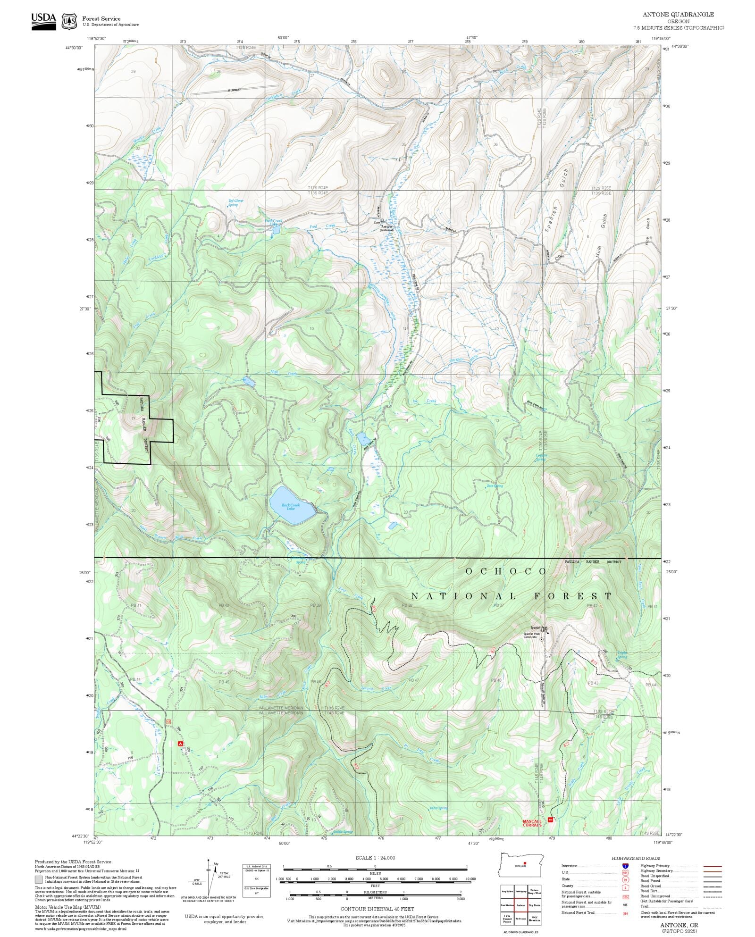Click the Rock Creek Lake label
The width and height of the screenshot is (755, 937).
point(291,507)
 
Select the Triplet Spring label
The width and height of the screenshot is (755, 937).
point(622,655)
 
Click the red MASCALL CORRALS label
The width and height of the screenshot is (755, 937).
point(532,823)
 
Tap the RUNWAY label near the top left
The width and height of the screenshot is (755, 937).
point(234,90)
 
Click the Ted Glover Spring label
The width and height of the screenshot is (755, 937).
point(235,203)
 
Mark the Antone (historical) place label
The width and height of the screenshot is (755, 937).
point(386,228)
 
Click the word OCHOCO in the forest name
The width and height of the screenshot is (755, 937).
point(505,571)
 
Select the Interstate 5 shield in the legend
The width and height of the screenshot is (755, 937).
point(625,866)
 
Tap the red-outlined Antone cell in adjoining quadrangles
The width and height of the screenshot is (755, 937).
point(520,905)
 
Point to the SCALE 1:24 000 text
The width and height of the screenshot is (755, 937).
point(375,858)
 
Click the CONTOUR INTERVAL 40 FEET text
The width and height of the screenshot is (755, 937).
point(377,908)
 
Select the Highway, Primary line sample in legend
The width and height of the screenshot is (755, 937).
point(713,866)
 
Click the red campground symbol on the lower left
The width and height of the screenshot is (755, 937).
point(180,744)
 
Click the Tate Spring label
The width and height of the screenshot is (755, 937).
point(495,486)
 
